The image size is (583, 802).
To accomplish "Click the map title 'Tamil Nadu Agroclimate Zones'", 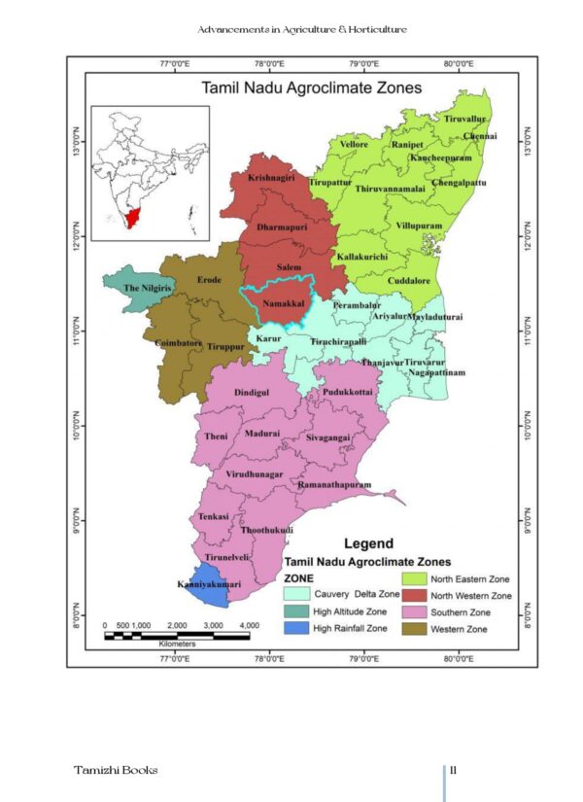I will (x=311, y=87).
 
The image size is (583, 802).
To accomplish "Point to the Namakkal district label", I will (x=277, y=304).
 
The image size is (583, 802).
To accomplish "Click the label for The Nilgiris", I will (x=146, y=289).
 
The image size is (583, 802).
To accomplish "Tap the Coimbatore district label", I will (x=178, y=343).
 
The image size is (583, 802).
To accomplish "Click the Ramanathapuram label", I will (x=335, y=483).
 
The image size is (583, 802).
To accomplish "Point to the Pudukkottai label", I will (x=348, y=393).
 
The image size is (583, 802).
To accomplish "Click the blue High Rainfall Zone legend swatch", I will (x=302, y=628).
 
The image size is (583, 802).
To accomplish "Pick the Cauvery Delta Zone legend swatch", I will (x=302, y=593).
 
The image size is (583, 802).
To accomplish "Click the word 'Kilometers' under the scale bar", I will (x=176, y=644).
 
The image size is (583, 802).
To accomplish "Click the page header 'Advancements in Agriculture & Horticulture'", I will (x=301, y=29).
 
